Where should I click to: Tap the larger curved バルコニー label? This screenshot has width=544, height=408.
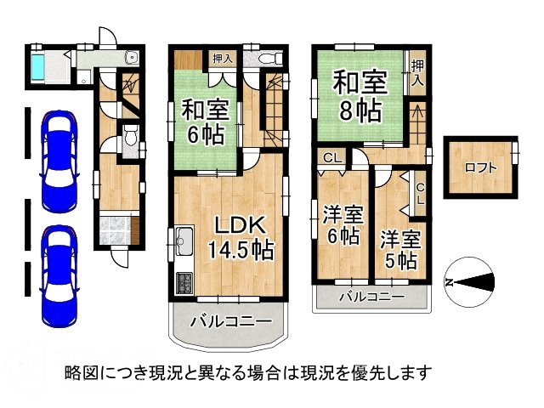click(229, 322)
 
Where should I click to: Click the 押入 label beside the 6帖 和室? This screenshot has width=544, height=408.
click(222, 59)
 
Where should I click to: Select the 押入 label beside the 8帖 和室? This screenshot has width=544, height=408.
click(418, 74)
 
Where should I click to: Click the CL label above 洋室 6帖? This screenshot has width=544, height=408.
click(332, 158)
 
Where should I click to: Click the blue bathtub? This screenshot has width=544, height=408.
click(40, 67)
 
